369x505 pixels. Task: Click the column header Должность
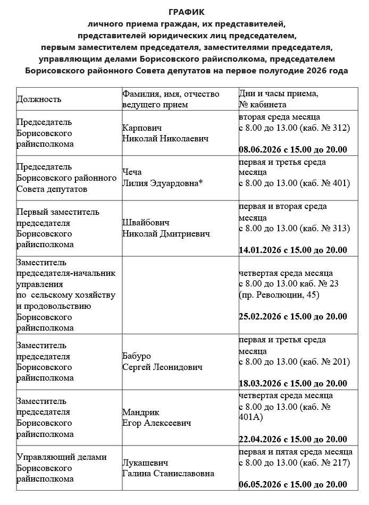pyautogui.click(x=39, y=99)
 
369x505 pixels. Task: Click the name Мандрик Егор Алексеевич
pyautogui.click(x=156, y=418)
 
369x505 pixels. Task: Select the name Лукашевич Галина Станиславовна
pyautogui.click(x=168, y=468)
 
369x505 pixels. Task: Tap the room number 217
pyautogui.click(x=339, y=462)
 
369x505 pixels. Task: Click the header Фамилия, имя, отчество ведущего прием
pyautogui.click(x=170, y=99)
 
